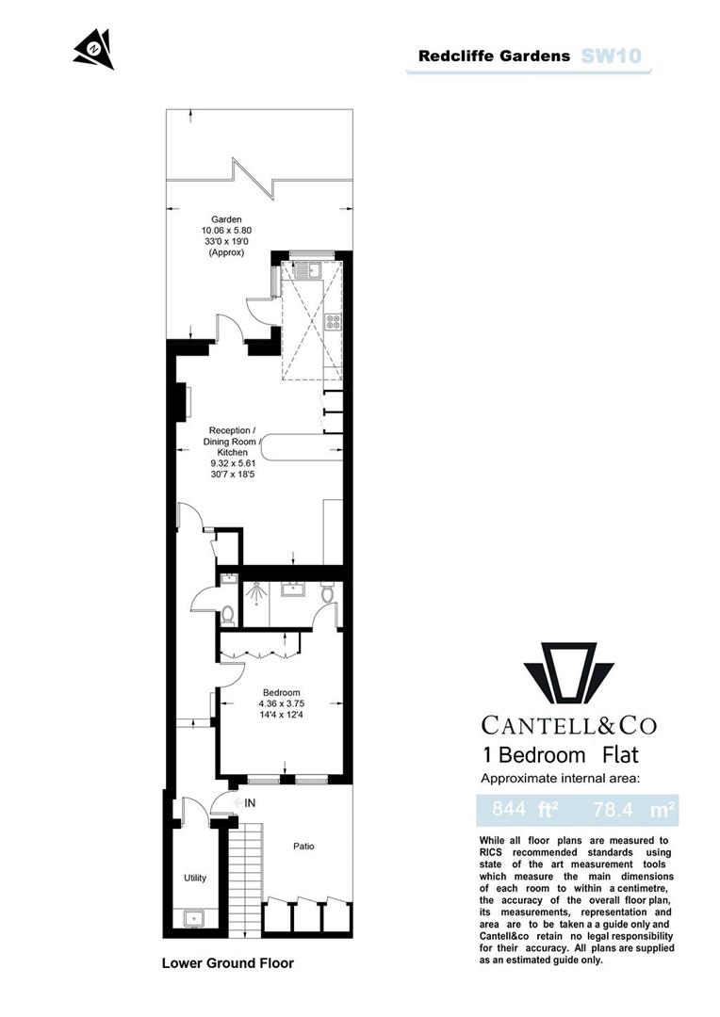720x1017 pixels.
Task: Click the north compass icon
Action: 94,49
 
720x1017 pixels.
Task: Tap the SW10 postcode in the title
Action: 612,56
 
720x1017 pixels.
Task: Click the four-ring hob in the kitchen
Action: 333,323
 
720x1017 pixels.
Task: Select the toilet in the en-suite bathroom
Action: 326,594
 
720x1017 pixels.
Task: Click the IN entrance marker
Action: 250,803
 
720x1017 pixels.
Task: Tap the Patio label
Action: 302,847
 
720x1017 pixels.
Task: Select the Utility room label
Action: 195,879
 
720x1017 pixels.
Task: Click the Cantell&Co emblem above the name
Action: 568,672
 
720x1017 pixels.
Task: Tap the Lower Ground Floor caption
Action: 227,963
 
